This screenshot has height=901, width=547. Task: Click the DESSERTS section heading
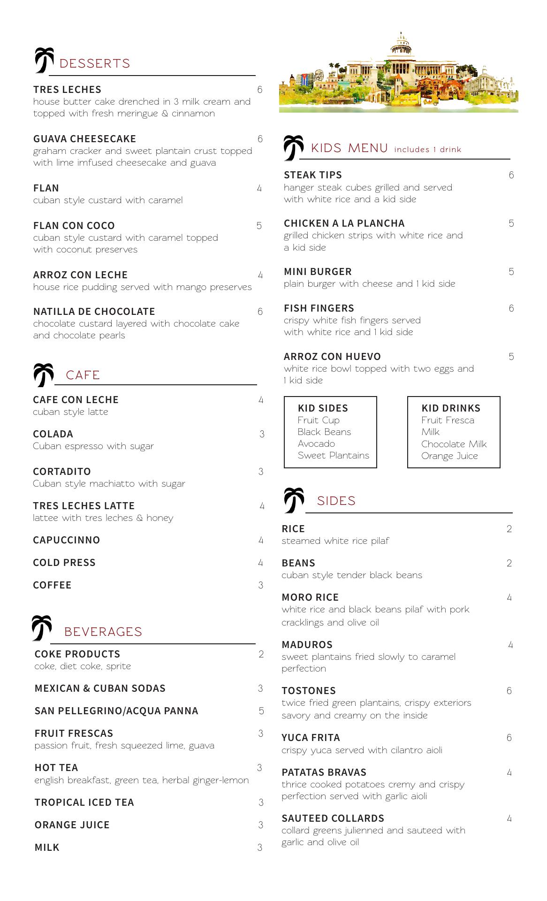pos(95,63)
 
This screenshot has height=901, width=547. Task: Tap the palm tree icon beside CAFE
pos(43,374)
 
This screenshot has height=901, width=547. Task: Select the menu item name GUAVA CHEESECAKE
pos(84,139)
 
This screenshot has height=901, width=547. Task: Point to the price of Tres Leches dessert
pos(260,90)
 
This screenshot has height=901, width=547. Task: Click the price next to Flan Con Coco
pos(259,226)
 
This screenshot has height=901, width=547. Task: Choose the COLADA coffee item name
pos(53,434)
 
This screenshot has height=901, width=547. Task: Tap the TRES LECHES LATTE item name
pos(84,506)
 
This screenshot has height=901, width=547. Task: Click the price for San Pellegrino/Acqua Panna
pos(261,711)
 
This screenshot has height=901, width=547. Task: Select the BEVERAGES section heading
pos(103,632)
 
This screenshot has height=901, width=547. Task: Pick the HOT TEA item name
pos(56,768)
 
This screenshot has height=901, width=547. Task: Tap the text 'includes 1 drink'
pos(427,150)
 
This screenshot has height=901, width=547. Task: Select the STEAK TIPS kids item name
pos(313,175)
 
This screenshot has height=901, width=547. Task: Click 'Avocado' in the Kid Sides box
pos(316,443)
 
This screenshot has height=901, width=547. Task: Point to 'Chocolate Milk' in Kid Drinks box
pos(454,444)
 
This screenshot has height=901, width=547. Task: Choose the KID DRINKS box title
pos(451,408)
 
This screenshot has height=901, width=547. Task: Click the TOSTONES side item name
pos(309,691)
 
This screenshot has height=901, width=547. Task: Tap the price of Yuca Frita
pos(509,738)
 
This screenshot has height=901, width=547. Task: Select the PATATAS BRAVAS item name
pos(324,772)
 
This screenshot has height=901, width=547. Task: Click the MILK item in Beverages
pos(47,848)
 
